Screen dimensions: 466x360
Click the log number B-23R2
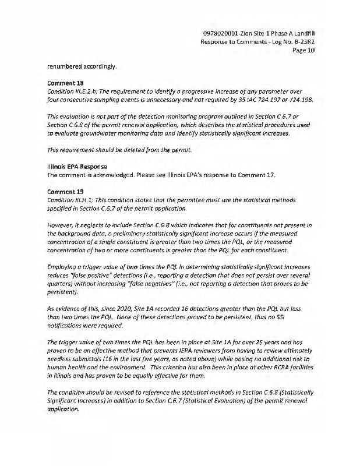(x=299, y=41)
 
